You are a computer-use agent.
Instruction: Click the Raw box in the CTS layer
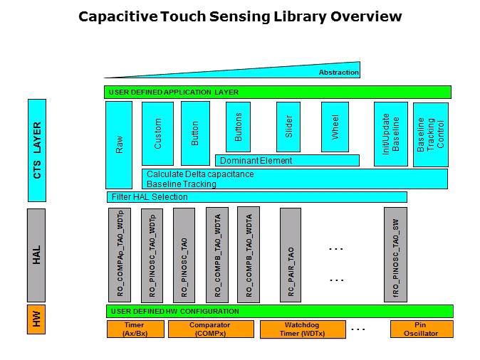click(118, 144)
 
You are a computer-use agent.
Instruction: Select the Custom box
click(157, 133)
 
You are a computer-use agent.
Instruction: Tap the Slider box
click(289, 127)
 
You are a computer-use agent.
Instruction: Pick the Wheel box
click(335, 127)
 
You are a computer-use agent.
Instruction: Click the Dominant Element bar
click(286, 160)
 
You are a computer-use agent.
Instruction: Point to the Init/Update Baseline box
click(391, 134)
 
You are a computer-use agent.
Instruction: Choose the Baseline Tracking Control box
click(430, 134)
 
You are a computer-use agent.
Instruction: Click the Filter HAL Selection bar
click(256, 197)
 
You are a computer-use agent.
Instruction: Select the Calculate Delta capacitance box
click(294, 179)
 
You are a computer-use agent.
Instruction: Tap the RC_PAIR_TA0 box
click(291, 255)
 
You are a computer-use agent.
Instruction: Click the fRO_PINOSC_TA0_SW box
click(395, 255)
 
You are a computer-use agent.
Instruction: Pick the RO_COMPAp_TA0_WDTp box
click(120, 255)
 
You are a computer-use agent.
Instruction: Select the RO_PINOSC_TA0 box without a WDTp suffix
click(184, 255)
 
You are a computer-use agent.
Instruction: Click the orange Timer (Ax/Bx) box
click(135, 329)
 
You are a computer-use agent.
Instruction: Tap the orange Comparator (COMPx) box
click(210, 329)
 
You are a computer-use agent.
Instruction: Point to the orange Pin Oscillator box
click(421, 329)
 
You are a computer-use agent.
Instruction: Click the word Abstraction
click(338, 73)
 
